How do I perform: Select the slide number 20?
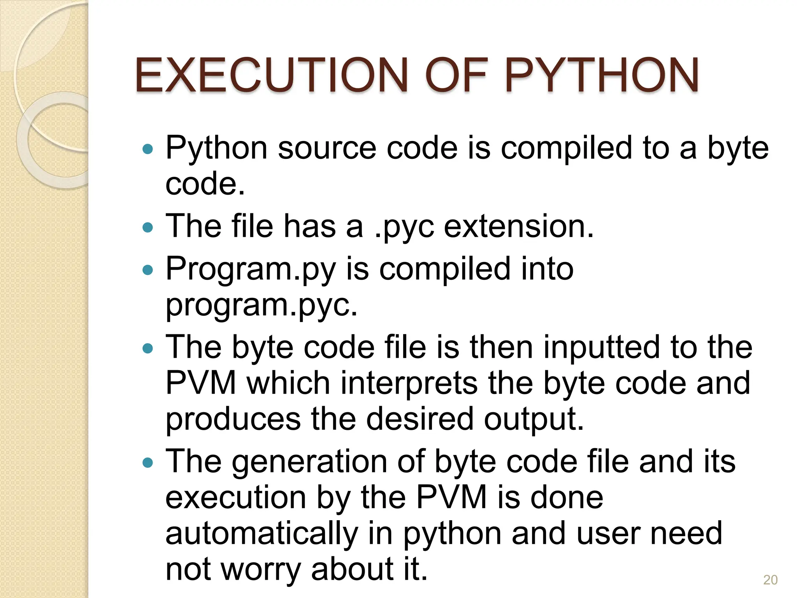(x=770, y=580)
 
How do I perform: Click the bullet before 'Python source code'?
(x=148, y=149)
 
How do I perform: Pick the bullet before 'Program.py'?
(x=148, y=269)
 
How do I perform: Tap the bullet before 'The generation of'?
(x=148, y=462)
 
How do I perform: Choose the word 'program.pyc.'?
(x=261, y=306)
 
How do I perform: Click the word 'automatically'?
(x=262, y=534)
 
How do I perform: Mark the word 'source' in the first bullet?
(x=327, y=149)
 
